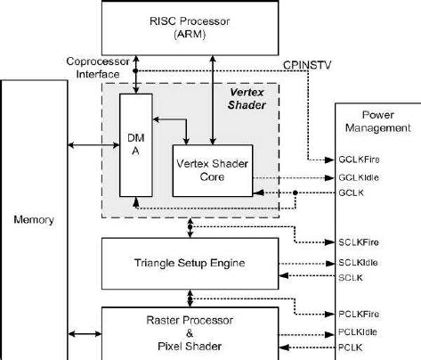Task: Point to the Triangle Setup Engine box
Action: (189, 263)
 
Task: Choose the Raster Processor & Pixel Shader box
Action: (189, 332)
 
